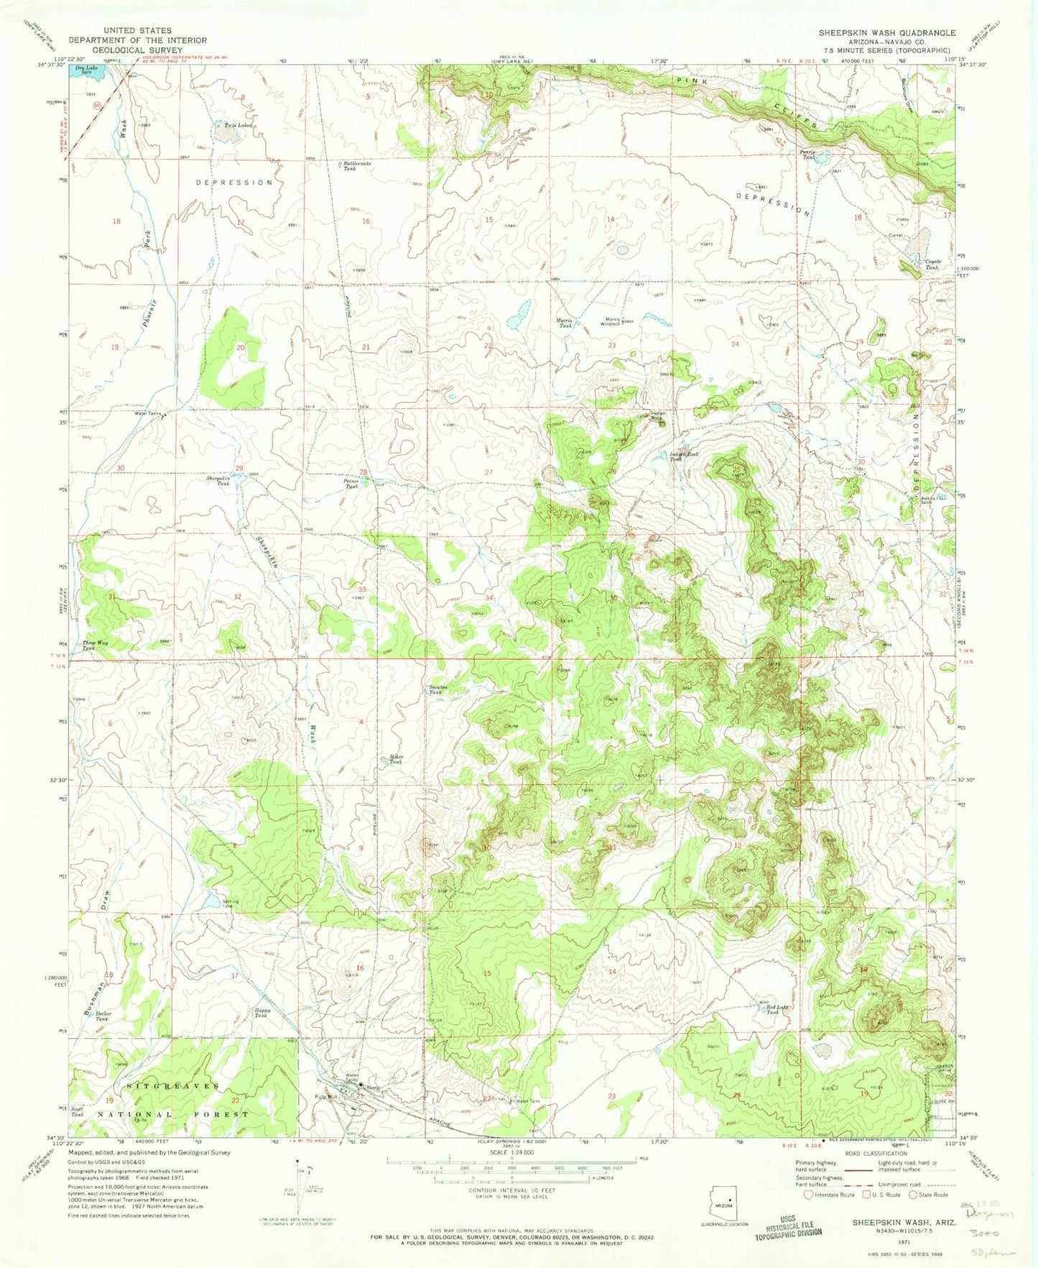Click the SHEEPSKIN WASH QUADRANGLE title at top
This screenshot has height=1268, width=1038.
[x=886, y=33]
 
